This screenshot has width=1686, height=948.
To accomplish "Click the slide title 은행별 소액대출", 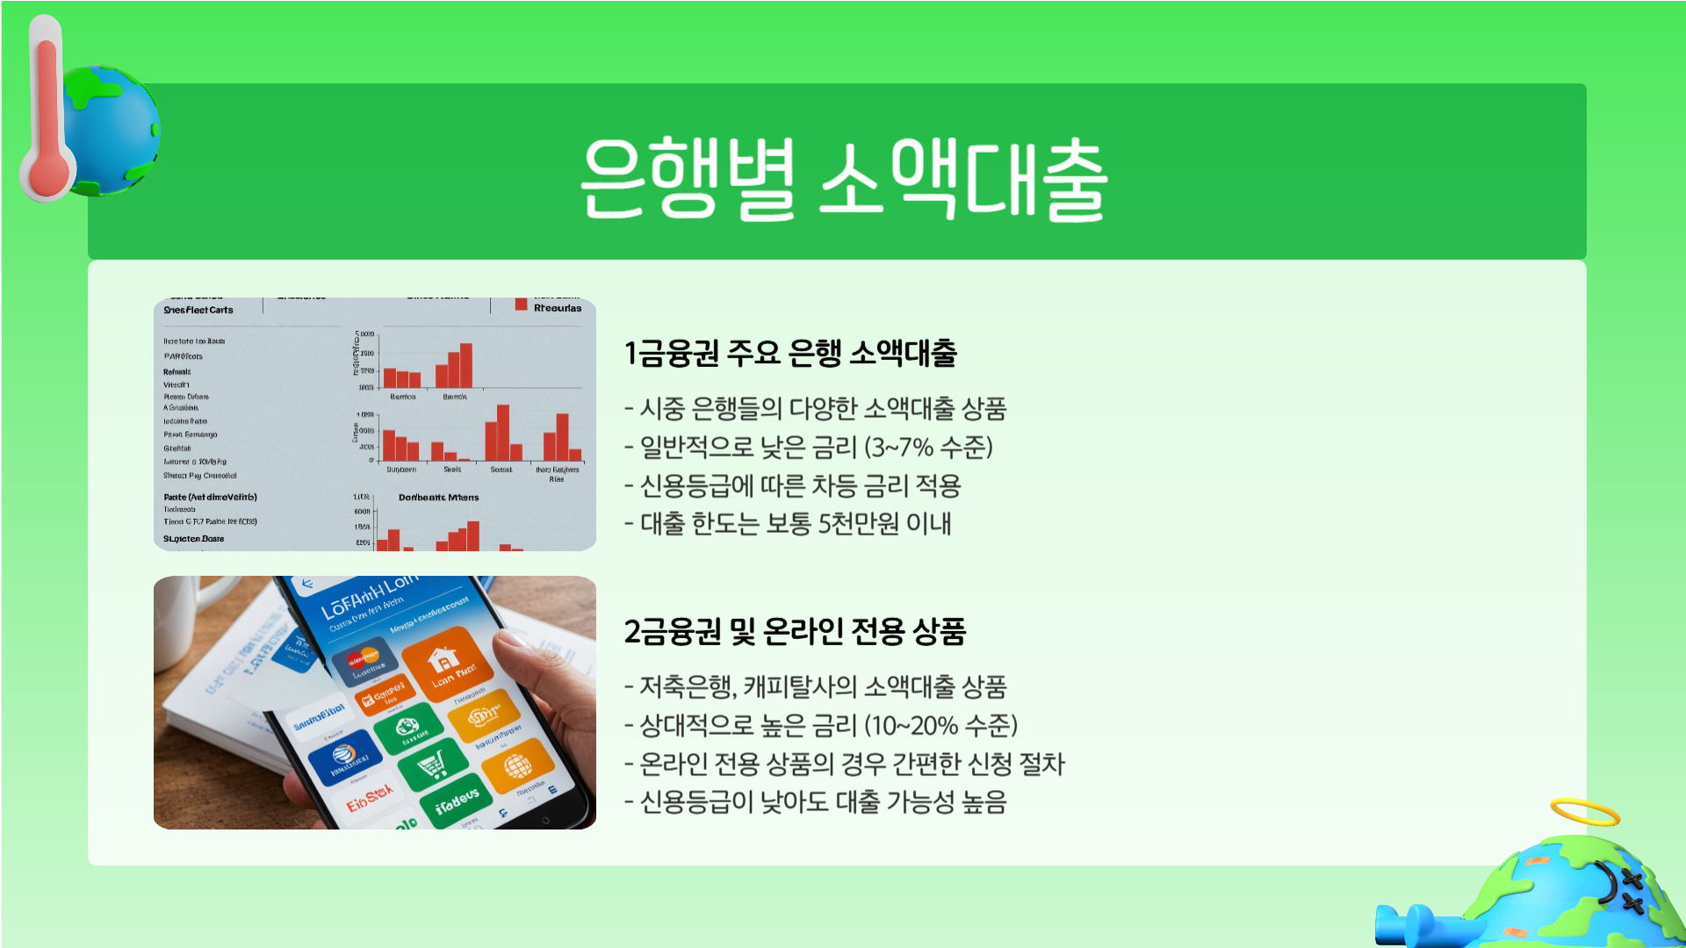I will click(843, 178).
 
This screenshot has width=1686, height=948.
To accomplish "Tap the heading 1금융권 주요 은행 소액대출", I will click(789, 354).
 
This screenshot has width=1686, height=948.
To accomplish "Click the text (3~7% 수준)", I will click(928, 448).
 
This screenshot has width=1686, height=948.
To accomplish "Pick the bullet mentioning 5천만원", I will click(788, 524).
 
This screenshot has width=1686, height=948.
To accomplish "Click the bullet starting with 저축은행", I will click(815, 687).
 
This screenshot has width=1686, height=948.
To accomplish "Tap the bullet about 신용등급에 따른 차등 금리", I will click(792, 486).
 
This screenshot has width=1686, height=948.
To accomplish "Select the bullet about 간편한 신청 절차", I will click(844, 765).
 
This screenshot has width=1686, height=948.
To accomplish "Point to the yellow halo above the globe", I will click(1584, 813).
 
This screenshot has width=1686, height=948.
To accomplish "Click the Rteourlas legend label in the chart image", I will click(557, 308).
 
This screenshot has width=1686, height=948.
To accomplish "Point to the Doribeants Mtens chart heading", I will click(438, 498).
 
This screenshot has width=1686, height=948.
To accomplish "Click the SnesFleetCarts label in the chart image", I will click(198, 310).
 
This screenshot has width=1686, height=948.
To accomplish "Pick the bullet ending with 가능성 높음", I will click(815, 802).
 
